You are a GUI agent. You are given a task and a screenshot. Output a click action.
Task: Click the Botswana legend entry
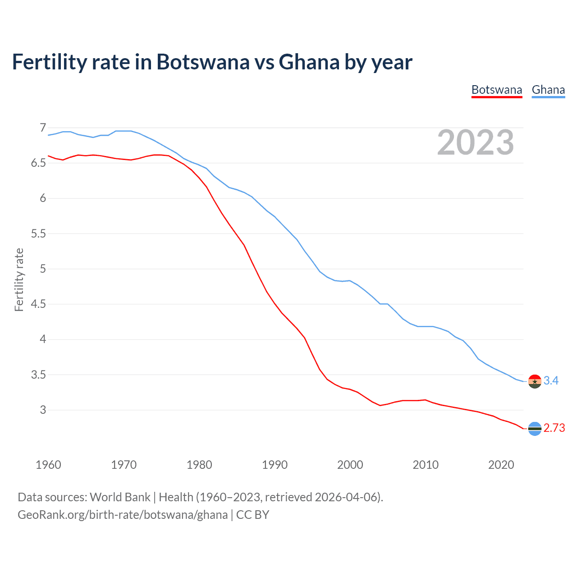(496, 90)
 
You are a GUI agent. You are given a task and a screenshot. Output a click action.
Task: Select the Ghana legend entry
(548, 90)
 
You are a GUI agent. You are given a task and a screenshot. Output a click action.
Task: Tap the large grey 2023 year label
(476, 142)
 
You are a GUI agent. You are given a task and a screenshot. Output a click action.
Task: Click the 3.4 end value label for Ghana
(551, 381)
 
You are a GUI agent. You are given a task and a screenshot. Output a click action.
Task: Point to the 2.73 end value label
(554, 428)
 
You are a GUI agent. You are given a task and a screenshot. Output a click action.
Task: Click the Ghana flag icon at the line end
(535, 381)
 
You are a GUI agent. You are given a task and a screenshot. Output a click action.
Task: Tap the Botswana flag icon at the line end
(535, 429)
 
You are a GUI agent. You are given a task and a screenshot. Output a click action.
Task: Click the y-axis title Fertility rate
(19, 279)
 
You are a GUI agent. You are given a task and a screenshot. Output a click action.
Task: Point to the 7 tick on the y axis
(43, 128)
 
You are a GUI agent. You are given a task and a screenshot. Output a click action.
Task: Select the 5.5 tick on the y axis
(38, 234)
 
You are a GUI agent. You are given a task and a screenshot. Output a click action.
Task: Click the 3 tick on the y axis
(43, 410)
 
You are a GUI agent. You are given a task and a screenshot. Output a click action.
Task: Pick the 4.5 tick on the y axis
(38, 304)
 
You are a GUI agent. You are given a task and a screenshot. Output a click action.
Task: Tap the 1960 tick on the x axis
(48, 465)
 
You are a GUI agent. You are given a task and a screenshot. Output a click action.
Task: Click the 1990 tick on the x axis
(275, 465)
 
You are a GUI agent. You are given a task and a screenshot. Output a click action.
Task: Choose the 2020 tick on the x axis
(501, 465)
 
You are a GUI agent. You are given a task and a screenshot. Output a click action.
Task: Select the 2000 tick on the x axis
(350, 465)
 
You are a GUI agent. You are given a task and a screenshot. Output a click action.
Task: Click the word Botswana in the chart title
(202, 62)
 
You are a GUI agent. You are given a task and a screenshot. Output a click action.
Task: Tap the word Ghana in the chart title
(309, 62)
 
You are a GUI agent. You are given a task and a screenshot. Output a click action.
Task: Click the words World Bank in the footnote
(120, 497)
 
